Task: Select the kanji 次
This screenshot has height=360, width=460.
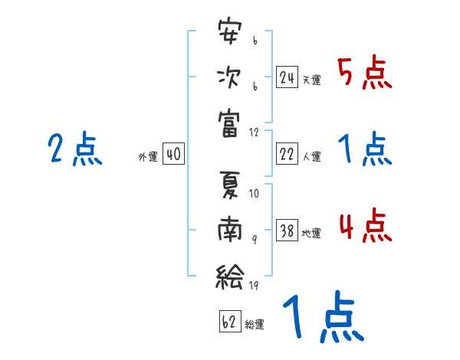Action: click(229, 78)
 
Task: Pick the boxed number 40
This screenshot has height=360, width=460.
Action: click(173, 155)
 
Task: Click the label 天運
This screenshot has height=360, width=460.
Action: click(311, 79)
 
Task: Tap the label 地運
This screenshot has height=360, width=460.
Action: click(311, 234)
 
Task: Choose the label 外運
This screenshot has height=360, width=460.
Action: click(148, 157)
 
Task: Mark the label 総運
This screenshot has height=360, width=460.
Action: click(255, 324)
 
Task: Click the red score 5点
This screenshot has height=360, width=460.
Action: click(365, 74)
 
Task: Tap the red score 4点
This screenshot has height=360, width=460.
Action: click(365, 227)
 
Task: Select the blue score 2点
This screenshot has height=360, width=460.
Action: click(74, 149)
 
